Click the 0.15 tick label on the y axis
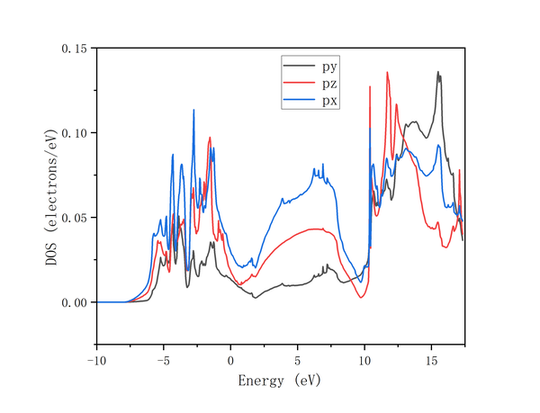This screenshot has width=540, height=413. click(x=74, y=49)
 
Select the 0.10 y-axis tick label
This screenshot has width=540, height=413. click(x=74, y=133)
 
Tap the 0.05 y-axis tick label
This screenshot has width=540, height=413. click(x=74, y=218)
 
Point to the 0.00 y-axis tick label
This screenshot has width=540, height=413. click(x=74, y=302)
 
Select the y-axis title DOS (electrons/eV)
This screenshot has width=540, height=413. click(x=51, y=196)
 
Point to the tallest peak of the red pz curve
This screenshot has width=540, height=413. click(x=387, y=73)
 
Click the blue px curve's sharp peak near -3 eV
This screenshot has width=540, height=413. click(x=193, y=111)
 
